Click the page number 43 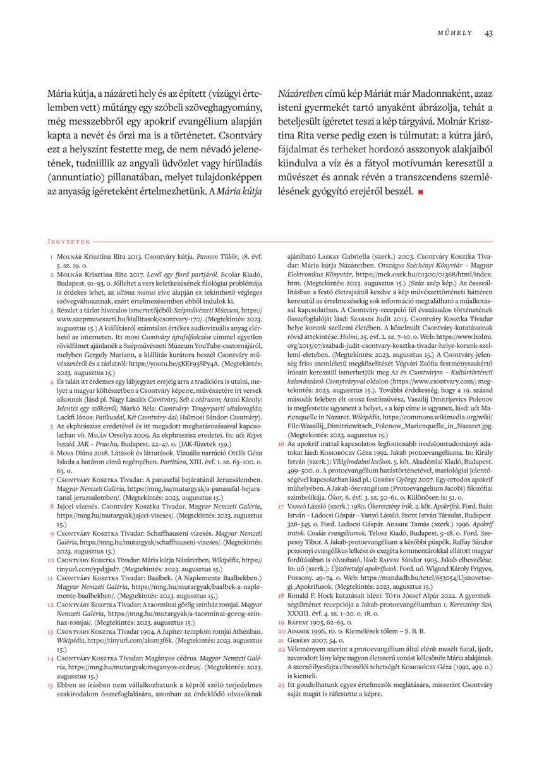488,33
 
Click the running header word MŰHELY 453,33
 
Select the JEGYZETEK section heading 69,241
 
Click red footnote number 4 51,382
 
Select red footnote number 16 281,463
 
